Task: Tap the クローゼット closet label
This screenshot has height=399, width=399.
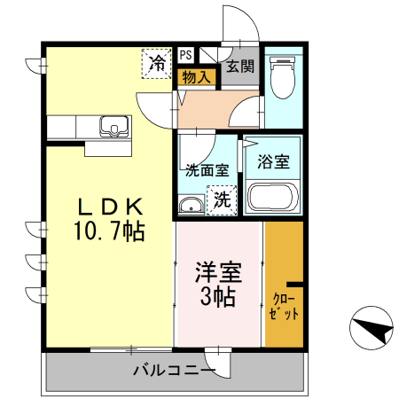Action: coord(284,306)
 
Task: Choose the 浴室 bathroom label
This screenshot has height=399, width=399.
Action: coord(272,162)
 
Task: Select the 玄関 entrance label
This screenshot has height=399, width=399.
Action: coord(239,66)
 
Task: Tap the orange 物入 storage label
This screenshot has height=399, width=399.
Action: coord(196,77)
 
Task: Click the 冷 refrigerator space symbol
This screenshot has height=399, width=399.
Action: coord(156,63)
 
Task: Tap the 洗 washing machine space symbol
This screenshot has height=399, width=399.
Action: coord(222,200)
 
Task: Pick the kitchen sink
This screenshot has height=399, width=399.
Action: coord(113,127)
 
